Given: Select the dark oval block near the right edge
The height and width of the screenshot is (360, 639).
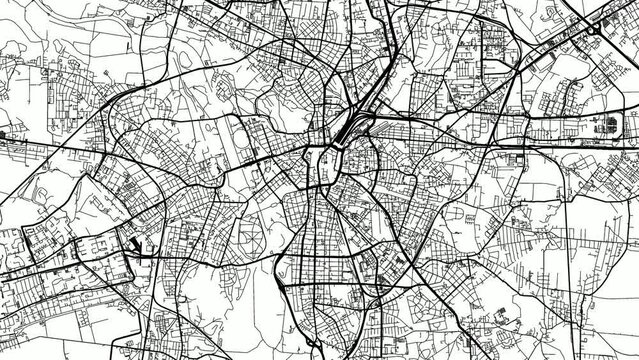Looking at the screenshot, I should (606, 126).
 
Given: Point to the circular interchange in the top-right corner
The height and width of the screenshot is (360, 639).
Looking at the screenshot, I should (597, 31).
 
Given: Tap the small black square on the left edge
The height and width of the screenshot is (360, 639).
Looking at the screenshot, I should (3, 132).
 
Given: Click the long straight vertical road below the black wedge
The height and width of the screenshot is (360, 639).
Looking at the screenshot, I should (139, 300).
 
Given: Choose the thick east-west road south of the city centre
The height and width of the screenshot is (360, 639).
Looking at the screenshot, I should (330, 284).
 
